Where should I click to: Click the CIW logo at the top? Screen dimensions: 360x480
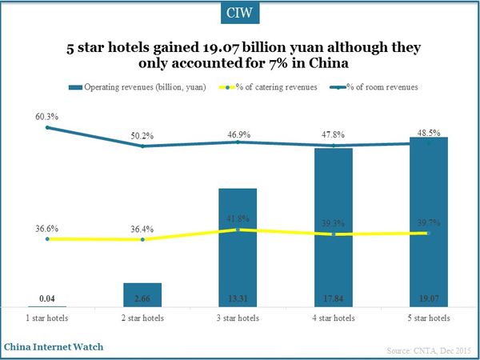[x=240, y=14]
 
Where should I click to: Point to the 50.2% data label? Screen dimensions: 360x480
[x=143, y=136]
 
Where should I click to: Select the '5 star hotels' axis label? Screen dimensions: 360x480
[x=429, y=318]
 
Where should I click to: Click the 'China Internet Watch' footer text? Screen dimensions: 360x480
[x=54, y=347]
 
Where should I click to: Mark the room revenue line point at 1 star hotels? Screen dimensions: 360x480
[x=48, y=127]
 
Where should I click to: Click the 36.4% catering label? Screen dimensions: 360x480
[x=143, y=229]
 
